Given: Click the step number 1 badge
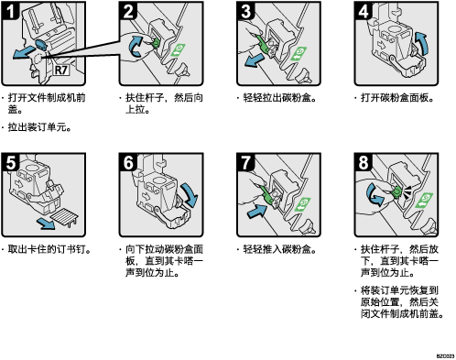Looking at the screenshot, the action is tap(10, 10).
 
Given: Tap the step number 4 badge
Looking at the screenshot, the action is tap(364, 10).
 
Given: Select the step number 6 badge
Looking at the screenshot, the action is tap(128, 162).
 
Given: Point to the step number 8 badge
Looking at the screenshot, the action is tap(364, 162).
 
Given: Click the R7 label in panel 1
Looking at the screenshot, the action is tap(61, 70).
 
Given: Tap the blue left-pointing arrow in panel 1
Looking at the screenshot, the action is tap(24, 52).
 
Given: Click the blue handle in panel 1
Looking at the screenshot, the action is tap(41, 44).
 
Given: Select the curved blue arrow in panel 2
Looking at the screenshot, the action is tap(136, 46).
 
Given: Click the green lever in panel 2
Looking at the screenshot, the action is tap(155, 43).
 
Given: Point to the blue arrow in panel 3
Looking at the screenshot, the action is tap(255, 60).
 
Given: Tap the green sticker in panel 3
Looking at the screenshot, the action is tap(299, 53).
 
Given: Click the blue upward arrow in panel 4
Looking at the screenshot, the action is tap(421, 43).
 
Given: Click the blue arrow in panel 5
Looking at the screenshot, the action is tap(46, 224).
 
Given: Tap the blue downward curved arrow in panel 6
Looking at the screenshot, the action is tap(190, 194).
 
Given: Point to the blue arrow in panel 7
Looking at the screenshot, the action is tap(257, 211).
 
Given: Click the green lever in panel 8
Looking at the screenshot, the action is tap(396, 191).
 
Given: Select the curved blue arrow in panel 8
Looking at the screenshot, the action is tap(374, 194).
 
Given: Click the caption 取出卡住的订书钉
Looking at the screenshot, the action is tap(46, 249).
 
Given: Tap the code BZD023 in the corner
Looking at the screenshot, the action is tap(445, 356).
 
